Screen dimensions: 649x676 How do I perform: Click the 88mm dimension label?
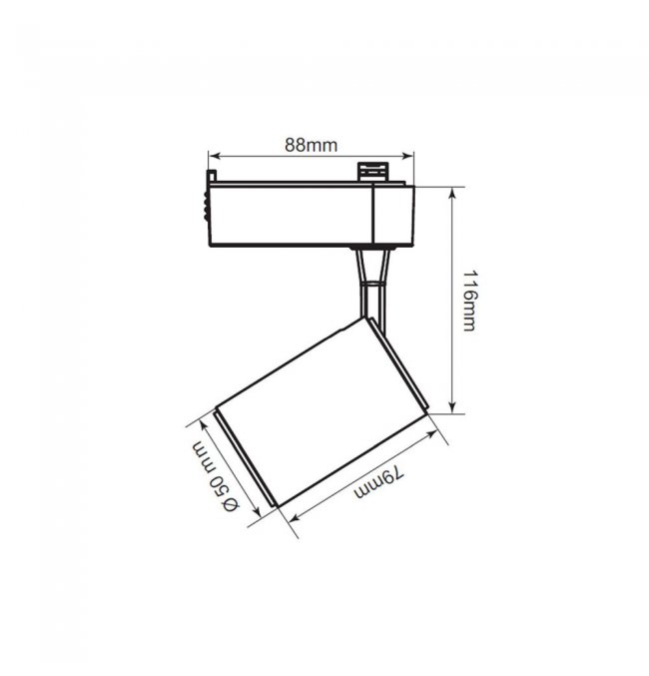(311, 146)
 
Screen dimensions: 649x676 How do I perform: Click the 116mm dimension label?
(469, 301)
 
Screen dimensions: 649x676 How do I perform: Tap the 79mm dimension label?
(379, 483)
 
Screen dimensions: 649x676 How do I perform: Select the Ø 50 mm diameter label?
(215, 476)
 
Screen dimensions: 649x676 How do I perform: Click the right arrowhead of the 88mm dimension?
(408, 155)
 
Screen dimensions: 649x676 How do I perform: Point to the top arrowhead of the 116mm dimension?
(452, 193)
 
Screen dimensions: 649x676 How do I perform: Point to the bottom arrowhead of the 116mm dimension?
(452, 407)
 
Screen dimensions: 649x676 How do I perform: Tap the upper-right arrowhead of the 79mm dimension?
(431, 434)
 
